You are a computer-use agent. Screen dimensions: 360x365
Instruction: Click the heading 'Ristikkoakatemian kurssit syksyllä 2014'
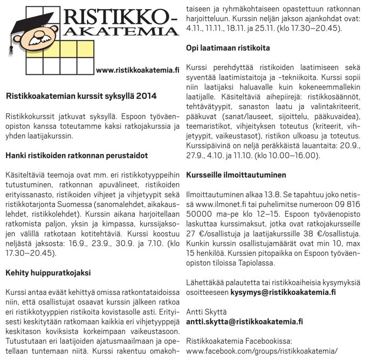[x=80, y=96]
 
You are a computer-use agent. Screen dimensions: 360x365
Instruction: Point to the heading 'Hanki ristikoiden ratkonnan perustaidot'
[x=77, y=155]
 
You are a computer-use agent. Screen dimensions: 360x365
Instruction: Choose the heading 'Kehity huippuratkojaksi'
[x=48, y=273]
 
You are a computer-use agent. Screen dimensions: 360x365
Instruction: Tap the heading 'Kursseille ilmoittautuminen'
[x=236, y=175]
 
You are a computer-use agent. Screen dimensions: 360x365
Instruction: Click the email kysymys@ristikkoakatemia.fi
[x=291, y=292]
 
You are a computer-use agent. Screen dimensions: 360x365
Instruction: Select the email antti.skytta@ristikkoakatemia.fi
[x=244, y=321]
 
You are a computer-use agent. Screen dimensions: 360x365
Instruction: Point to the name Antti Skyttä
[x=207, y=311]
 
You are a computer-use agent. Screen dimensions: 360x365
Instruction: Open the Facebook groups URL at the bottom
[x=261, y=350]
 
